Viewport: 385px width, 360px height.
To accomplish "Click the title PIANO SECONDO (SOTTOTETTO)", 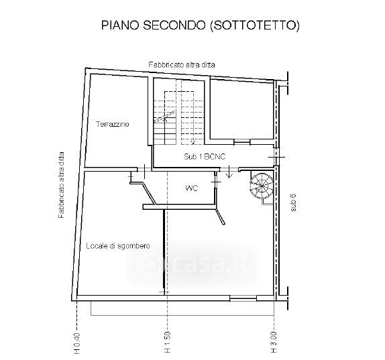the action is [x=201, y=25].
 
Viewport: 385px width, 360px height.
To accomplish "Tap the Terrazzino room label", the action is [x=113, y=124].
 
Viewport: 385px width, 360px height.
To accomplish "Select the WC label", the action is [x=192, y=188].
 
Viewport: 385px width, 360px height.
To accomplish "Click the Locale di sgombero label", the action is [x=118, y=246].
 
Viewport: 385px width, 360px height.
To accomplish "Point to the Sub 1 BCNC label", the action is [x=205, y=157].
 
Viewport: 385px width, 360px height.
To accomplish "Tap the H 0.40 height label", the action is [x=77, y=343].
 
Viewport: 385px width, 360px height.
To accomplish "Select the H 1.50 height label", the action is [x=167, y=342].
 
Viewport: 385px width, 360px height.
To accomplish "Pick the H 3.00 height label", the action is [x=274, y=342].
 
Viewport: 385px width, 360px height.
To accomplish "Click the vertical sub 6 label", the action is [x=293, y=202].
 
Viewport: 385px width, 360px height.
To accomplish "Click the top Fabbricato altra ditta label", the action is [x=182, y=65].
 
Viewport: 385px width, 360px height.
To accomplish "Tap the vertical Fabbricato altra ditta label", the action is [x=61, y=185].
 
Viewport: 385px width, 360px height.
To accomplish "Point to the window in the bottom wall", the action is [x=243, y=298].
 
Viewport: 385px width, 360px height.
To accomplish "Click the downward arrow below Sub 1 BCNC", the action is [x=229, y=172].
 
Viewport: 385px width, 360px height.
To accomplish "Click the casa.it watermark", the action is [x=192, y=263].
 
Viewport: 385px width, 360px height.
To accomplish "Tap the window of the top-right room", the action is [x=242, y=142].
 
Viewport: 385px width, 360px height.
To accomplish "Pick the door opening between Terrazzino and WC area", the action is [x=144, y=170].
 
